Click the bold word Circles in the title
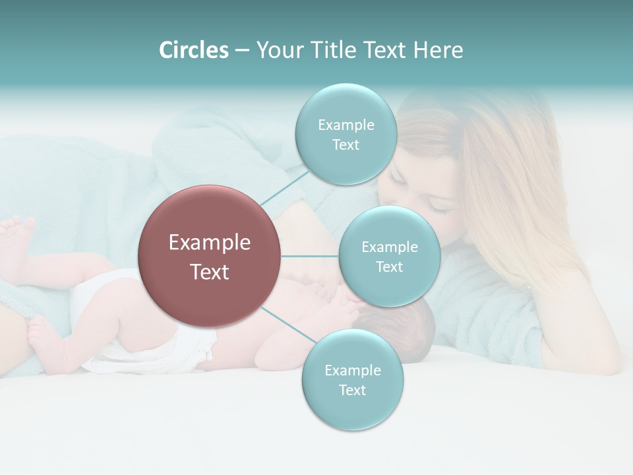click(194, 50)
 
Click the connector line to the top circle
click(285, 187)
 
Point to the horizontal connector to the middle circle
click(310, 256)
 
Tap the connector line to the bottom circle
click(287, 325)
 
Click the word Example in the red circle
click(210, 242)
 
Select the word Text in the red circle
click(210, 272)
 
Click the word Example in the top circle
click(346, 125)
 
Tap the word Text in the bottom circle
click(352, 390)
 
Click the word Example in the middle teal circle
click(389, 247)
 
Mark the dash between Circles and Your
click(242, 51)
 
